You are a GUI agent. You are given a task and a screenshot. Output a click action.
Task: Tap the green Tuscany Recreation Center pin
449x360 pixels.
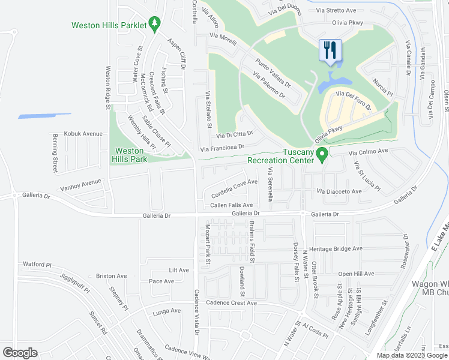pyautogui.click(x=322, y=155)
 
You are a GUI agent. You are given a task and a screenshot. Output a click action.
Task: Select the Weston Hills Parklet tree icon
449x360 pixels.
pyautogui.click(x=155, y=23)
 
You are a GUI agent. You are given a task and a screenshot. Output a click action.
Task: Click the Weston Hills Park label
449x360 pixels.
pyautogui.click(x=129, y=155)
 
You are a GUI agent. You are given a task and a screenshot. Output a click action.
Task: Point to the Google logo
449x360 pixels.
pyautogui.click(x=20, y=353)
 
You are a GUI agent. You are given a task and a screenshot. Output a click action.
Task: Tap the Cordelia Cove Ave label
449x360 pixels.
pyautogui.click(x=234, y=187)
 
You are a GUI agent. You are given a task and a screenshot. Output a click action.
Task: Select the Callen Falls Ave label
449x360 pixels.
pyautogui.click(x=231, y=205)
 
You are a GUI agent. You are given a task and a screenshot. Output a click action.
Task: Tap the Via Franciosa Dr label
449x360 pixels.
pyautogui.click(x=222, y=147)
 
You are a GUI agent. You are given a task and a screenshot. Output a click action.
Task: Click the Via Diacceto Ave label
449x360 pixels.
pyautogui.click(x=339, y=191)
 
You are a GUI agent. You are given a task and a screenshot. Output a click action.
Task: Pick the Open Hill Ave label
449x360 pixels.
pyautogui.click(x=356, y=274)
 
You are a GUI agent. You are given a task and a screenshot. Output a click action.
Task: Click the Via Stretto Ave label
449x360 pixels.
pyautogui.click(x=336, y=10)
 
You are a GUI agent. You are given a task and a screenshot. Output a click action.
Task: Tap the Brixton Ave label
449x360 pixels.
pyautogui.click(x=111, y=276)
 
